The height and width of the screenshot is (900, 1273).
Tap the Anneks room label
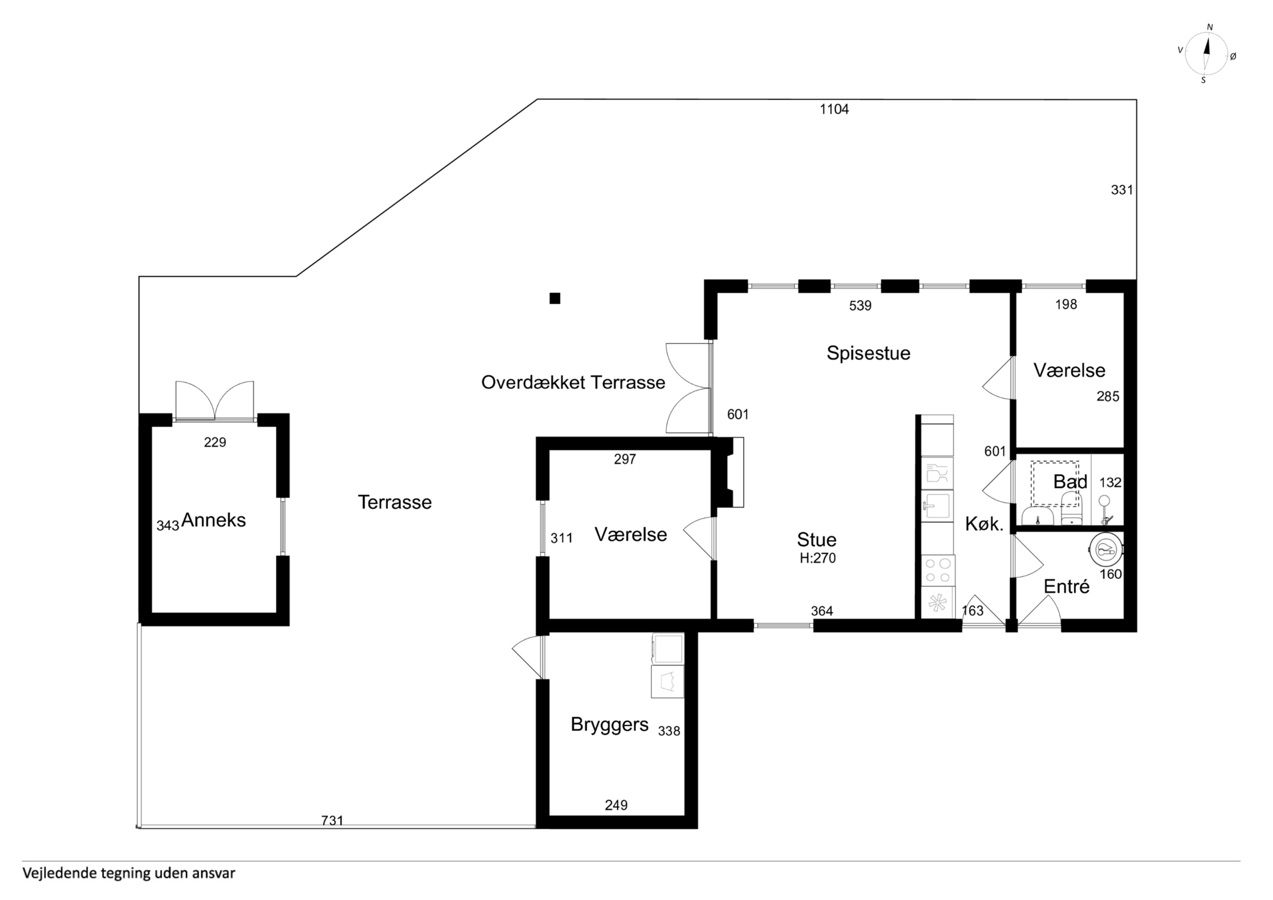214,520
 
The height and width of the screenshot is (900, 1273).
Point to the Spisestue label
868,353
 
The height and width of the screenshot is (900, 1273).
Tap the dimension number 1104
834,109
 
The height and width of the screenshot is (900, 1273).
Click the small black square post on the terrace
554,298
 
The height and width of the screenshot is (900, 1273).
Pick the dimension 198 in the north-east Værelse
1066,304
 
